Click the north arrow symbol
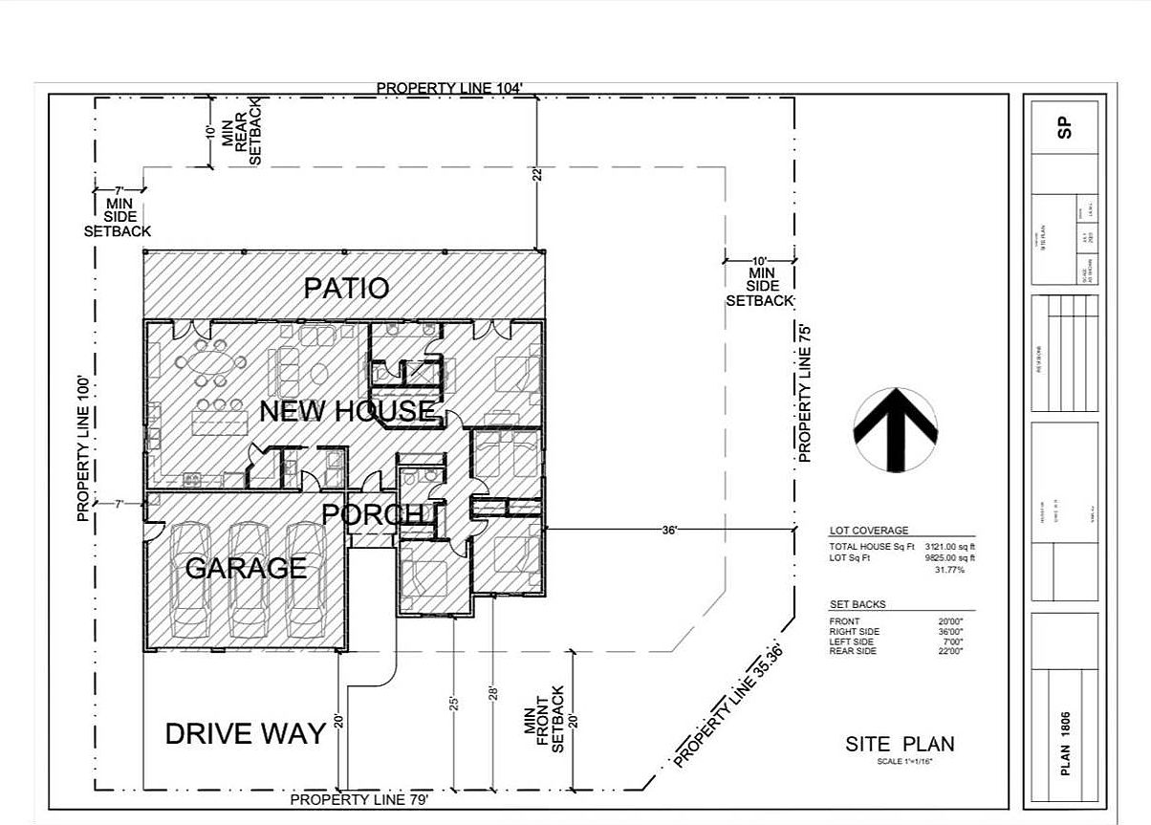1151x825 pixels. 895,428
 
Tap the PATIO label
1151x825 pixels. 346,288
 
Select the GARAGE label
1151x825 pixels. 246,568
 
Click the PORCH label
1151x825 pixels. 372,515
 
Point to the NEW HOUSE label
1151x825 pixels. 347,412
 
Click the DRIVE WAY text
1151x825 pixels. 246,734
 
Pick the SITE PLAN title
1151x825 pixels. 900,745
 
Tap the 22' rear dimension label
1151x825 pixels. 537,174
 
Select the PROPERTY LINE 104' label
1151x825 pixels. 449,88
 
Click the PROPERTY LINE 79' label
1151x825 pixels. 359,799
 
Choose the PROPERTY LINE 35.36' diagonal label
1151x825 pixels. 728,706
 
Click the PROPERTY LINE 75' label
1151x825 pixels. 805,392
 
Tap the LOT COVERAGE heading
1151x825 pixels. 869,531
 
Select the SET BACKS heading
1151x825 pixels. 858,604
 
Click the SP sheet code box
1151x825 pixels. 1065,127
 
